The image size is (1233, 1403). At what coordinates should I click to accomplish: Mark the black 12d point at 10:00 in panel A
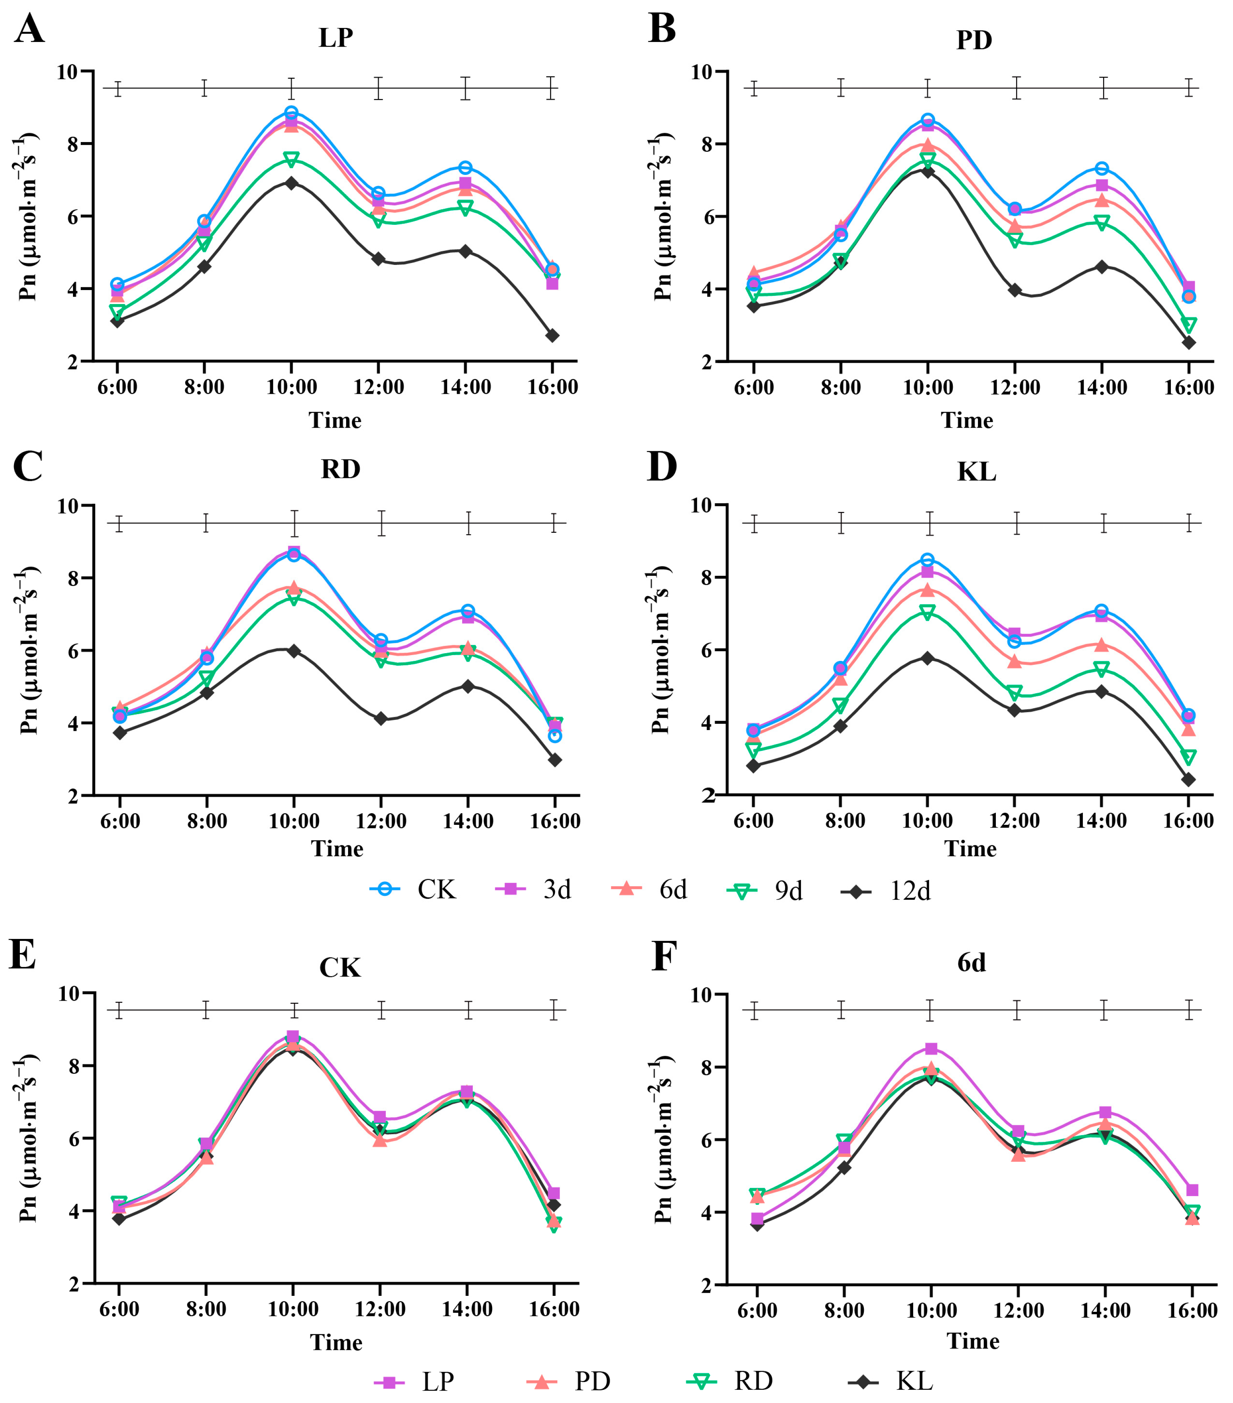point(291,183)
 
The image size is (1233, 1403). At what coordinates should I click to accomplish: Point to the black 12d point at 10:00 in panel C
point(294,651)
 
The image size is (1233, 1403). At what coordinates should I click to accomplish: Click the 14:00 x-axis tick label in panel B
point(1102,387)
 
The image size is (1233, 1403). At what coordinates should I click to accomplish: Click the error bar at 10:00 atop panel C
point(294,524)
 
